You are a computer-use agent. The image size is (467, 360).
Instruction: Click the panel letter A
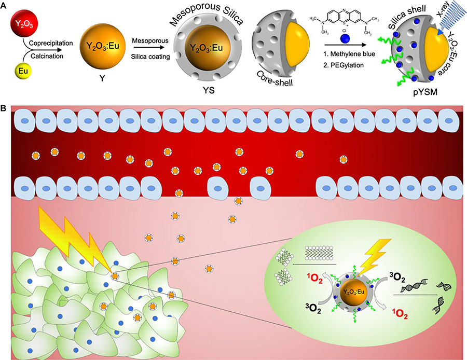pyautogui.click(x=5, y=5)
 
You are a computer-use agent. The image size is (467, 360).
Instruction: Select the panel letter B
pyautogui.click(x=5, y=108)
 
